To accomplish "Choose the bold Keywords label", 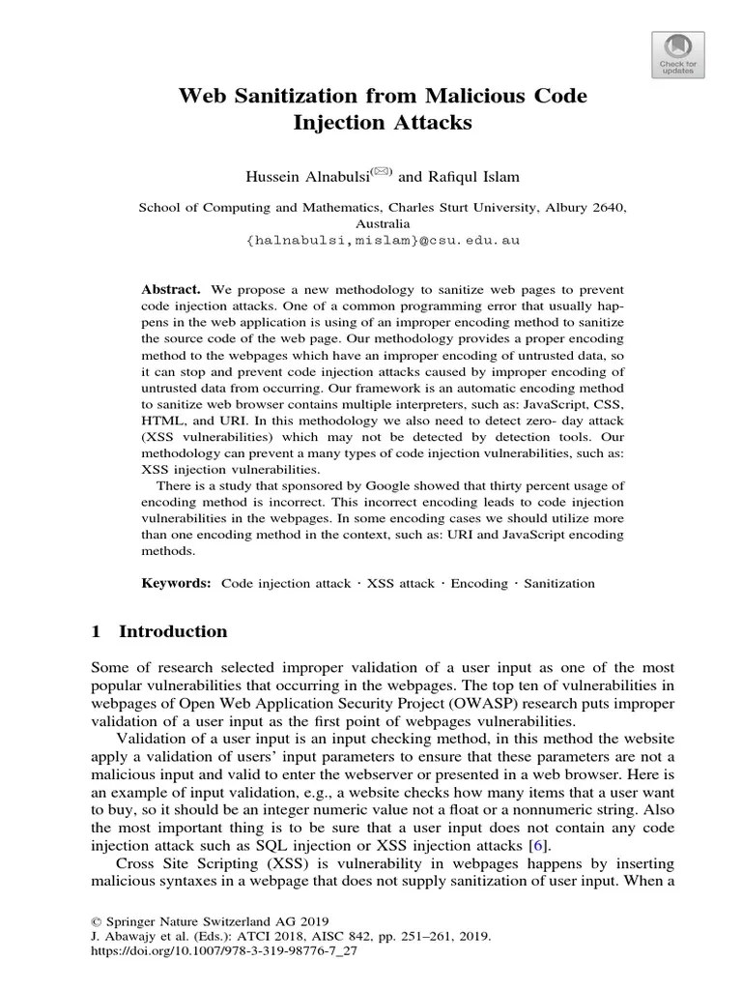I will click(176, 584).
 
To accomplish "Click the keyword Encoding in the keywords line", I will click(479, 584).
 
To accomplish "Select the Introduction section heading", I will click(173, 631).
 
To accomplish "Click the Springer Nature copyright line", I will click(210, 920).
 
